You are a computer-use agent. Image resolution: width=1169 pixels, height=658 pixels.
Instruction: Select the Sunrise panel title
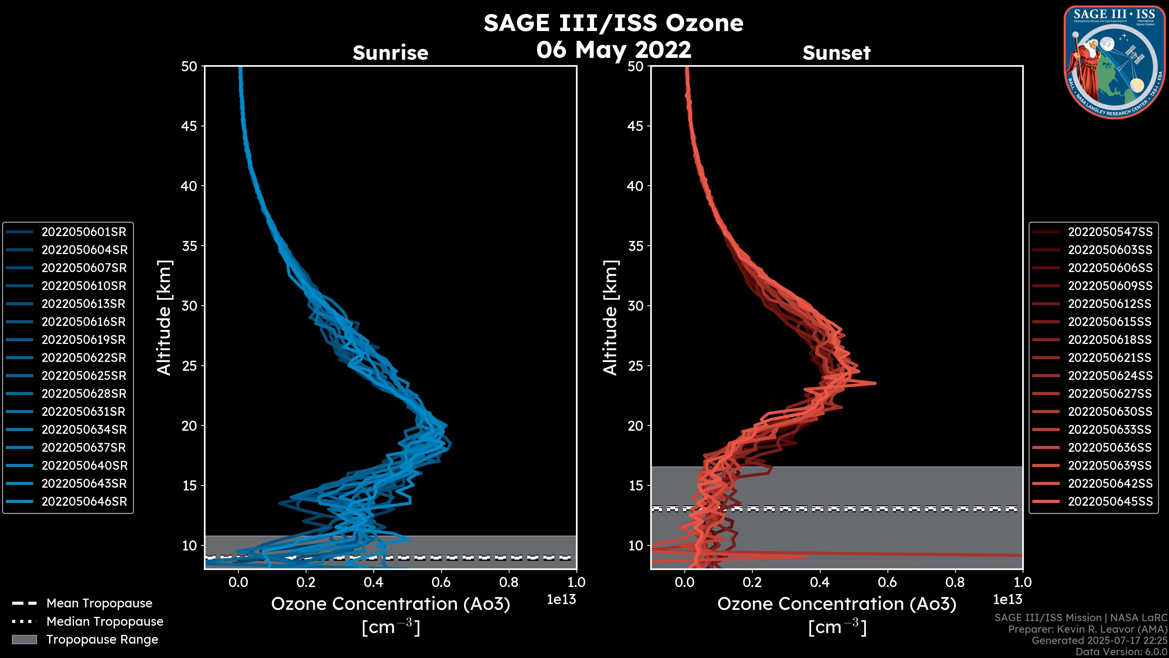[x=390, y=53]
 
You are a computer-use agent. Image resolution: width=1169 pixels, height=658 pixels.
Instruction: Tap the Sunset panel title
[x=836, y=53]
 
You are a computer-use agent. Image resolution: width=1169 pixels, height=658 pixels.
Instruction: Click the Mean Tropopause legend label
[x=99, y=603]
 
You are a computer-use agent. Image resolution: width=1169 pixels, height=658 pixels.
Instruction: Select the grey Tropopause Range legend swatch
[x=24, y=639]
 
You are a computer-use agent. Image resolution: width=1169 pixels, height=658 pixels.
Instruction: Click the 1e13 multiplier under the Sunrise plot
[x=561, y=600]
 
